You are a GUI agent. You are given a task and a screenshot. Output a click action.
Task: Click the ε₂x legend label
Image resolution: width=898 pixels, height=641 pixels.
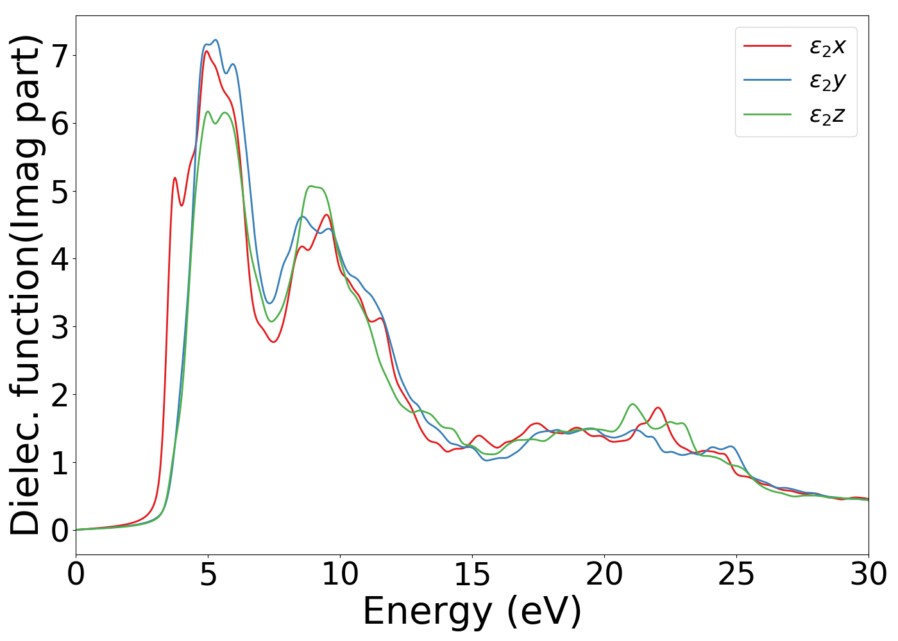(x=827, y=46)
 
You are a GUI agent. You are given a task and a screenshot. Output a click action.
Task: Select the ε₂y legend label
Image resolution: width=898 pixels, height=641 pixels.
(x=827, y=81)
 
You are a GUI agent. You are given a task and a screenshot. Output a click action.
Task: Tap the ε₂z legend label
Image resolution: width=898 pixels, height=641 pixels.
(x=827, y=115)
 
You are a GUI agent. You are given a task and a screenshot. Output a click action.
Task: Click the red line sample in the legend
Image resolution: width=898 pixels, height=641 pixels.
(x=767, y=46)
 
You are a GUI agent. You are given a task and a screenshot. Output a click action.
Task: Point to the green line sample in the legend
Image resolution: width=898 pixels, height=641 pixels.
(x=767, y=115)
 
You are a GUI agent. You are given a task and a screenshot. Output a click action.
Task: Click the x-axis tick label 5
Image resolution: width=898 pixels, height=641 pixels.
(x=208, y=575)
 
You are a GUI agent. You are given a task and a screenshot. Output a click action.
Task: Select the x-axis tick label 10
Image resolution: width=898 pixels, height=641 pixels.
(x=340, y=575)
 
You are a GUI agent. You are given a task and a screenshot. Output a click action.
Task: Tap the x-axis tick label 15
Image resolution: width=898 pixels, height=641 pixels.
(x=472, y=575)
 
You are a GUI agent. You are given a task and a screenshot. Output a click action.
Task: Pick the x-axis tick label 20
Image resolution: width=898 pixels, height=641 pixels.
(x=604, y=575)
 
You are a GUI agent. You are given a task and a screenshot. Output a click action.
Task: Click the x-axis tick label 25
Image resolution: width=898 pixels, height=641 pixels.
(x=736, y=575)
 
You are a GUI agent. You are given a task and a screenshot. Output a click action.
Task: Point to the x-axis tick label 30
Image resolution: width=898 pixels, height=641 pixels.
(x=868, y=575)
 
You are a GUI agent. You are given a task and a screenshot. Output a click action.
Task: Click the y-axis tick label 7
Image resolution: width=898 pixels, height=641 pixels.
(x=60, y=56)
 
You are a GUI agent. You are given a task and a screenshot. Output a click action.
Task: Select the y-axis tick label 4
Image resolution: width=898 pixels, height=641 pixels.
(x=60, y=259)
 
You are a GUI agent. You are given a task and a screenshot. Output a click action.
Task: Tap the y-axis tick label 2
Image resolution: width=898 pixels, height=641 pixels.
(x=60, y=395)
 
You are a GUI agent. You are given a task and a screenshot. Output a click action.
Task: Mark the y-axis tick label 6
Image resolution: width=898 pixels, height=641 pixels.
(x=60, y=124)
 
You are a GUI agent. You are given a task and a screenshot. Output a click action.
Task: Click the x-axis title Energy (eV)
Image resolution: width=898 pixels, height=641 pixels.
(x=472, y=611)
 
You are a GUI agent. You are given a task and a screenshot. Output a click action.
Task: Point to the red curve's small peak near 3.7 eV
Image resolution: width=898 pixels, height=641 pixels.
(x=174, y=178)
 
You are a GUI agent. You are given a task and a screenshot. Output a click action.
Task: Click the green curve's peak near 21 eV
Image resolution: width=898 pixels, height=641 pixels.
(x=633, y=404)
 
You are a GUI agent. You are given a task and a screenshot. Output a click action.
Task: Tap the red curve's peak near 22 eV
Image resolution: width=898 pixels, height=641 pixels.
(x=657, y=408)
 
